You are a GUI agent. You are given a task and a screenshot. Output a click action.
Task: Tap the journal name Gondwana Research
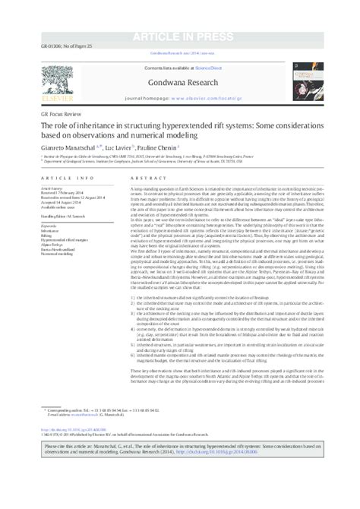coord(181,77)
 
